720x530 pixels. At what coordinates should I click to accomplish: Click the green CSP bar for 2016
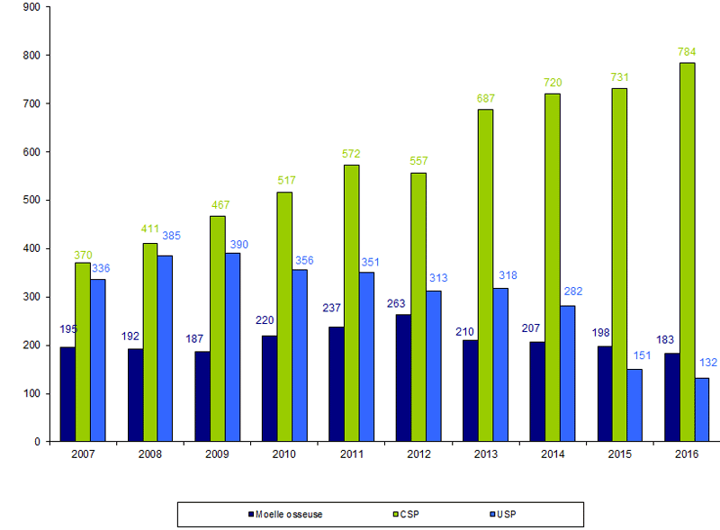[x=687, y=252]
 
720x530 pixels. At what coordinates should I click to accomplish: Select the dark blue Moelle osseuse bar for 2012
[x=403, y=378]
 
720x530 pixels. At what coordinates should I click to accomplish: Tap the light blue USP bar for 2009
[x=232, y=347]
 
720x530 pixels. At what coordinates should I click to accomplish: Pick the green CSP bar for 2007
[x=83, y=352]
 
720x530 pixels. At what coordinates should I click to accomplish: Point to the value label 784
[x=687, y=52]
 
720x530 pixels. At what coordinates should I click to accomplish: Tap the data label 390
[x=238, y=244]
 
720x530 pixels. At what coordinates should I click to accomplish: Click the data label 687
[x=485, y=98]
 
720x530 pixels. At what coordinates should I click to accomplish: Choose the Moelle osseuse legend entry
[x=284, y=515]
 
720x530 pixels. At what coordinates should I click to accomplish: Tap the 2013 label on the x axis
[x=485, y=454]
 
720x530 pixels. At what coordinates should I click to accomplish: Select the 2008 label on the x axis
[x=150, y=454]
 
